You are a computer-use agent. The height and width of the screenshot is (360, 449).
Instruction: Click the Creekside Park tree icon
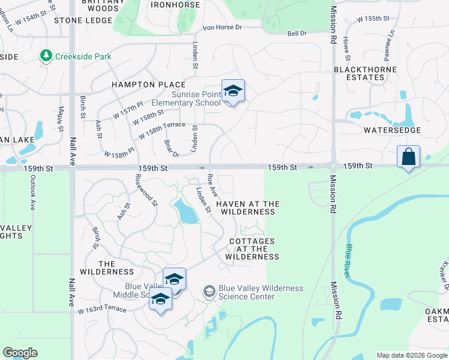46,56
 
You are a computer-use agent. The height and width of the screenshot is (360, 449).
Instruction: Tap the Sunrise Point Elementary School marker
233,92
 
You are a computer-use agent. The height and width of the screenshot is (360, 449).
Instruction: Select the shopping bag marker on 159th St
408,157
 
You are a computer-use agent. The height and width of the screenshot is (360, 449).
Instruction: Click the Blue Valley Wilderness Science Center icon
209,292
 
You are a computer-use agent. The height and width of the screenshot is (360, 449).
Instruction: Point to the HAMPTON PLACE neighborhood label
148,85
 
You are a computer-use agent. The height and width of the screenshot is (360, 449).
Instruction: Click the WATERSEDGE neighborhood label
392,130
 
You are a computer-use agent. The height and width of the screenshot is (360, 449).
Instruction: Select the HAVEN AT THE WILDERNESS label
247,208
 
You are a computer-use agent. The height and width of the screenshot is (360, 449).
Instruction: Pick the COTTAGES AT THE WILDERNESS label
252,249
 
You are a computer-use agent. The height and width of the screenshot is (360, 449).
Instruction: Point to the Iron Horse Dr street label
222,28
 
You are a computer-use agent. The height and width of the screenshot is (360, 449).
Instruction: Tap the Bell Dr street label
297,34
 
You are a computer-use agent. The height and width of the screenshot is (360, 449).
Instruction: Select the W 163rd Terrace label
102,310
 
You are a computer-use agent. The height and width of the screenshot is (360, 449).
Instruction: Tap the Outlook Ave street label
32,196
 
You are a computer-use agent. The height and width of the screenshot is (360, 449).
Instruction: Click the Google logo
20,353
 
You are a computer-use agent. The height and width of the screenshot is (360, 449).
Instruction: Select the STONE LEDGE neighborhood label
83,20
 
